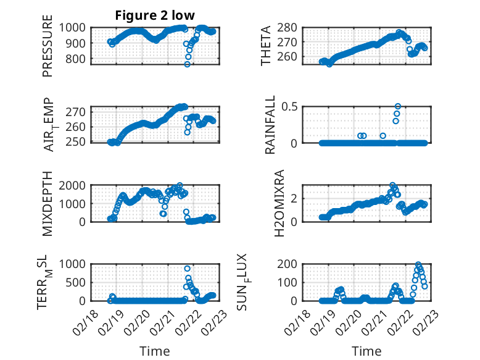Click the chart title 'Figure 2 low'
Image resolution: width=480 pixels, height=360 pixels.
[155, 15]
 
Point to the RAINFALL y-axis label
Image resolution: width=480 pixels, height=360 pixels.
[269, 125]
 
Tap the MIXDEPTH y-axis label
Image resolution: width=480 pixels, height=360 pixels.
[48, 204]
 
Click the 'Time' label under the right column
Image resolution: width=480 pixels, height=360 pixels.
[366, 351]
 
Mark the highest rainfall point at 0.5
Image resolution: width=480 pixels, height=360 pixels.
[398, 106]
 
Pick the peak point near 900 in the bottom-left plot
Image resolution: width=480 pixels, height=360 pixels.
[188, 268]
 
